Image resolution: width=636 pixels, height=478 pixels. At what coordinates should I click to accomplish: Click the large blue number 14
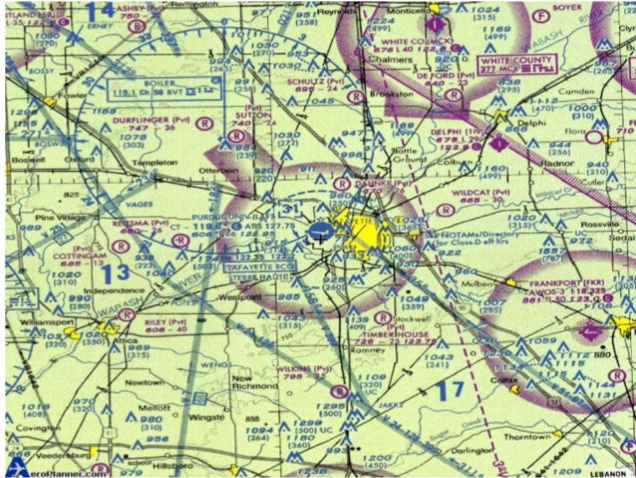click(100, 12)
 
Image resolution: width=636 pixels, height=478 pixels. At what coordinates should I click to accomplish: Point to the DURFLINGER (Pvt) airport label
click(159, 119)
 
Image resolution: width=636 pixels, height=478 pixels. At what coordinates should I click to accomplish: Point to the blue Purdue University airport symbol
click(320, 232)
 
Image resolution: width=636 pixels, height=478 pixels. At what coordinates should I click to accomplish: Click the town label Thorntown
click(524, 436)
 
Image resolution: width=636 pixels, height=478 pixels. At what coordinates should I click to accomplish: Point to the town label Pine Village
click(58, 216)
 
